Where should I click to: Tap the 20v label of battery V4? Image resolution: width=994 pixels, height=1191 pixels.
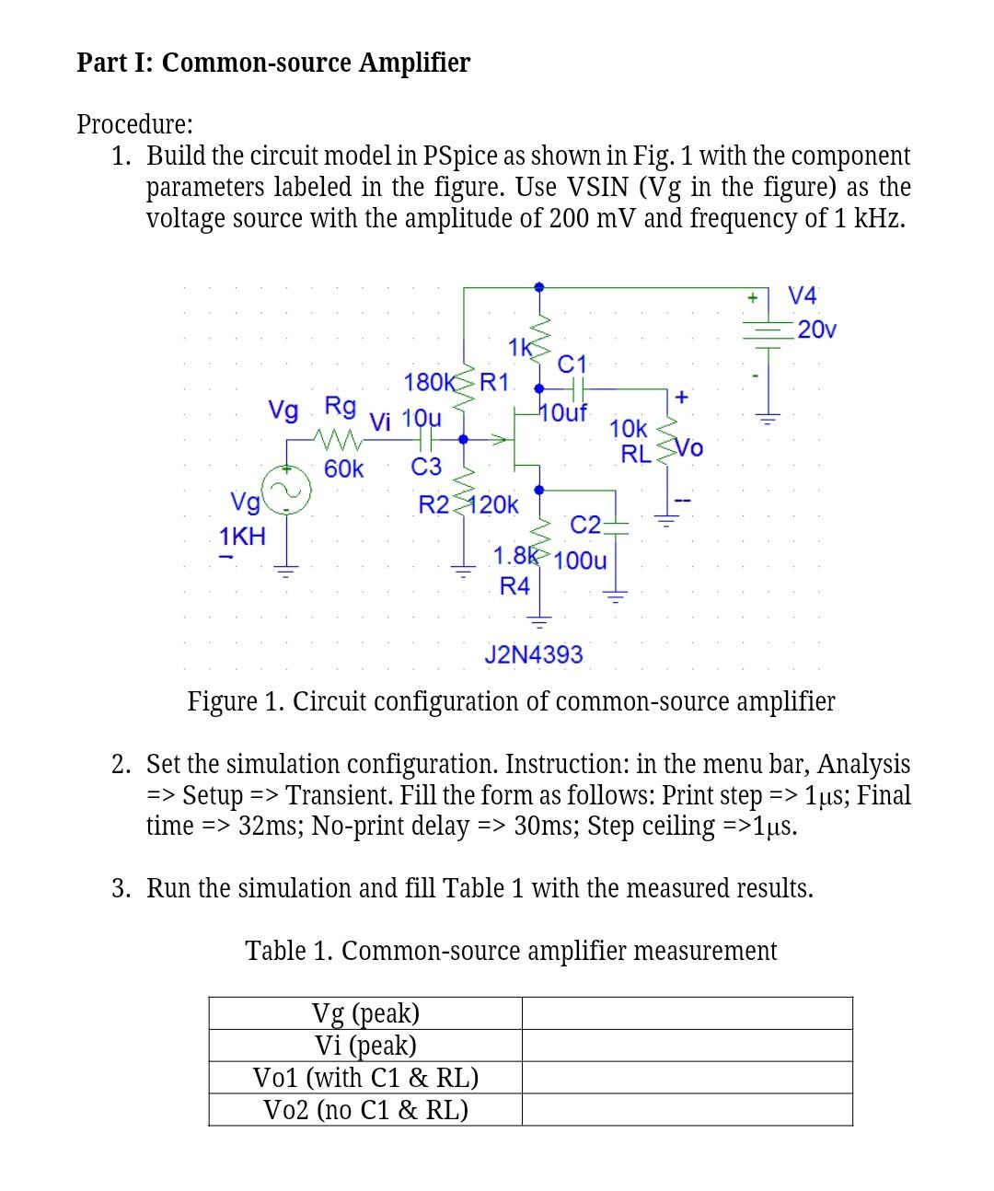coord(817,330)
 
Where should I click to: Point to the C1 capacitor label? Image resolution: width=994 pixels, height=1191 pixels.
coord(572,364)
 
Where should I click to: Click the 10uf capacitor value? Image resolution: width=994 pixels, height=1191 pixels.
coord(564,411)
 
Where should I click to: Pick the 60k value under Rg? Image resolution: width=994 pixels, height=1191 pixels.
coord(344,469)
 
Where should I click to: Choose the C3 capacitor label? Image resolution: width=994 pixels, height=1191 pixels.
coord(426,468)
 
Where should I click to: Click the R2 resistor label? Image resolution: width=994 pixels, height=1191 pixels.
coord(433,504)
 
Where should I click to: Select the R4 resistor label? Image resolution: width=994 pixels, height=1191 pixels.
coord(514,585)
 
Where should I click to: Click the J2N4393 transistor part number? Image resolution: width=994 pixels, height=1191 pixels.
coord(534,654)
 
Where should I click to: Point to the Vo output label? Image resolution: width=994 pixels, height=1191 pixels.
coord(689,448)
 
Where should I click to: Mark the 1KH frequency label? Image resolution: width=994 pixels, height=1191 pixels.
coord(242,536)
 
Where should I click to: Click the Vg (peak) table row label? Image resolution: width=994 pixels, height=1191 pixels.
coord(365,1013)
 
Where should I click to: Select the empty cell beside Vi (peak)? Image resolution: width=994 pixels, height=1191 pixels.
coord(687,1046)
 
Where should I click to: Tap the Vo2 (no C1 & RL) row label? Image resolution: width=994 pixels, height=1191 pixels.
coord(365,1110)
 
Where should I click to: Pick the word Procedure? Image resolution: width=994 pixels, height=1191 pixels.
coord(134,123)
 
